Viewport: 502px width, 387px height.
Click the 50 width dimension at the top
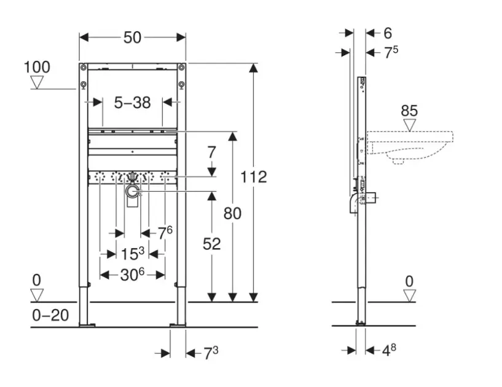(132, 37)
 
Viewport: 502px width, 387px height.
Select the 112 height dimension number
(254, 177)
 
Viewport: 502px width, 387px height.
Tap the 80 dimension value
(232, 213)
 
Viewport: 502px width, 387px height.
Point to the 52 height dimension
(211, 244)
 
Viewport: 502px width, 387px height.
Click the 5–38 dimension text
(132, 103)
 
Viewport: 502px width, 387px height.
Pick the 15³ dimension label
(131, 254)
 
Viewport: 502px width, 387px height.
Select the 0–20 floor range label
(50, 316)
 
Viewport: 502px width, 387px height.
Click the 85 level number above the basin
(409, 111)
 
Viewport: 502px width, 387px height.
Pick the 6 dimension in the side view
(388, 33)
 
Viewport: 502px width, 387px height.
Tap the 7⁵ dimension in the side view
(391, 53)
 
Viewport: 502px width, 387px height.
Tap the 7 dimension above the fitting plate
(211, 150)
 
